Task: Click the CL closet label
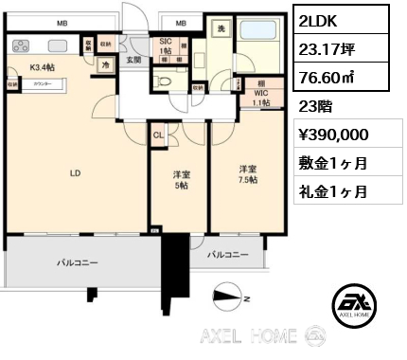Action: [x=160, y=134]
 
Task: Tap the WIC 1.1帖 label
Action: [x=261, y=97]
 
